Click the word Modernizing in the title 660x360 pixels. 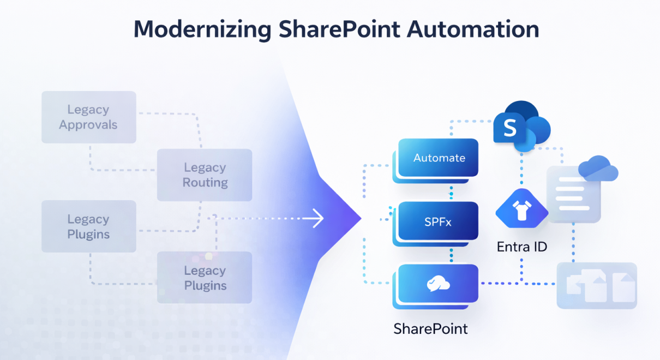201,29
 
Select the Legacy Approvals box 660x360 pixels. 88,117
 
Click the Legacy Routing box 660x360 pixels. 205,175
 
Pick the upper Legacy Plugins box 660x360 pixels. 88,227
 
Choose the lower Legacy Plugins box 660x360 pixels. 205,278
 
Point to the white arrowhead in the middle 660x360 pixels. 318,219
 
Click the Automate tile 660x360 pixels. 439,158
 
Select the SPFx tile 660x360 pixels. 438,222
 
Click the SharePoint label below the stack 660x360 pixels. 430,329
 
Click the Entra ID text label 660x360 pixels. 521,247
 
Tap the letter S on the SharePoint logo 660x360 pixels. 509,129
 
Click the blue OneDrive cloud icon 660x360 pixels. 598,169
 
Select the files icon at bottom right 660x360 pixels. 597,286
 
